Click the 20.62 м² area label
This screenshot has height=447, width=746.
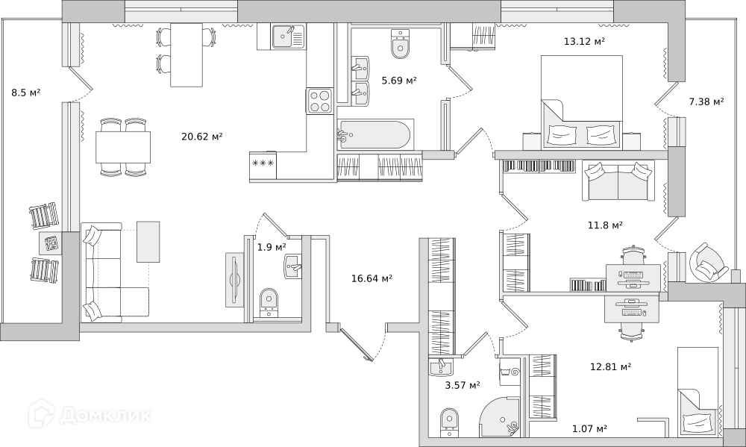pyautogui.click(x=202, y=137)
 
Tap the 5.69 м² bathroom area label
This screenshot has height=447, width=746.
pyautogui.click(x=399, y=81)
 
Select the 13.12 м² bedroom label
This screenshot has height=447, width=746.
pyautogui.click(x=584, y=41)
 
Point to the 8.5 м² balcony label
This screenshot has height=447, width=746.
pyautogui.click(x=25, y=93)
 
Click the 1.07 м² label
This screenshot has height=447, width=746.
pyautogui.click(x=589, y=429)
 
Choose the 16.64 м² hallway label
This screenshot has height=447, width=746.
pyautogui.click(x=372, y=278)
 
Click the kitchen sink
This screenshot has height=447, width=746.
pyautogui.click(x=288, y=37)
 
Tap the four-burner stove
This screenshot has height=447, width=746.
pyautogui.click(x=319, y=101)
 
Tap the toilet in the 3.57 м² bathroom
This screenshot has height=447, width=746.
pyautogui.click(x=449, y=422)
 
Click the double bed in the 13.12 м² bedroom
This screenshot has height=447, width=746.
pyautogui.click(x=582, y=102)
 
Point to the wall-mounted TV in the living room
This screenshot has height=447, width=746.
pyautogui.click(x=234, y=279)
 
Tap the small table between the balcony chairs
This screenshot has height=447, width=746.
pyautogui.click(x=49, y=243)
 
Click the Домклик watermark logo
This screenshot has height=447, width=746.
pyautogui.click(x=90, y=415)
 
